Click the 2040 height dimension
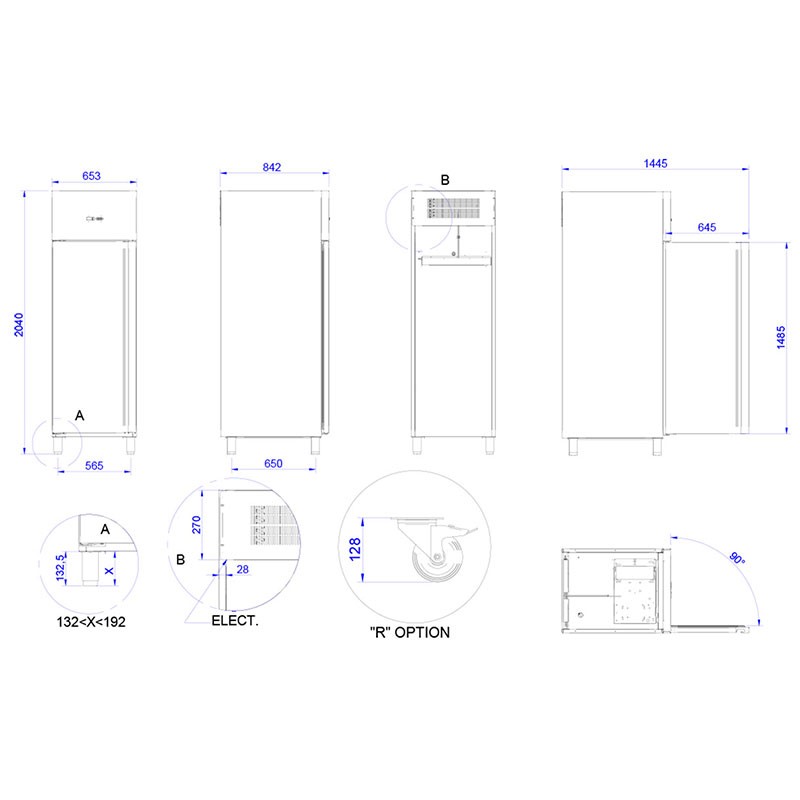click(x=19, y=324)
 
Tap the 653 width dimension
click(x=91, y=176)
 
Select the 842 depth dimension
click(x=272, y=167)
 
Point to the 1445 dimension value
click(x=656, y=163)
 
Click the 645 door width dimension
click(x=707, y=227)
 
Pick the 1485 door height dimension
click(x=781, y=337)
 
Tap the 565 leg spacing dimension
click(x=94, y=465)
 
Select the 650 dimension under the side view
click(x=273, y=463)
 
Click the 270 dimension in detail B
click(x=196, y=525)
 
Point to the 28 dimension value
click(x=243, y=569)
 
